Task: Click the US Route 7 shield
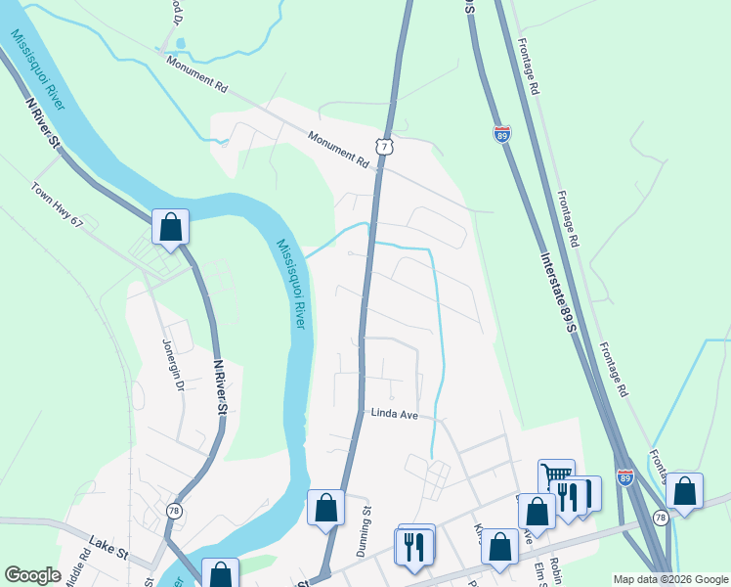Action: click(x=386, y=147)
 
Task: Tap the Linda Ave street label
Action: click(x=394, y=414)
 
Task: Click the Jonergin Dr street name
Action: click(x=171, y=364)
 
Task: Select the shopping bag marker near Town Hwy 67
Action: click(x=170, y=227)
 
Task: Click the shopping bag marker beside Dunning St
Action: click(x=325, y=508)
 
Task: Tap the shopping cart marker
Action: click(x=556, y=476)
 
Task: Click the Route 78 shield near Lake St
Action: click(x=174, y=511)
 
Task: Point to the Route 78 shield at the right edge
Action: click(x=661, y=517)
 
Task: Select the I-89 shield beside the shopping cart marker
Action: click(x=624, y=476)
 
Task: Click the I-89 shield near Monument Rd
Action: click(x=501, y=136)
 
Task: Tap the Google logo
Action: click(x=32, y=575)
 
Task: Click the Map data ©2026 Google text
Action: click(x=669, y=579)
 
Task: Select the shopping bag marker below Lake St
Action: click(x=220, y=574)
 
